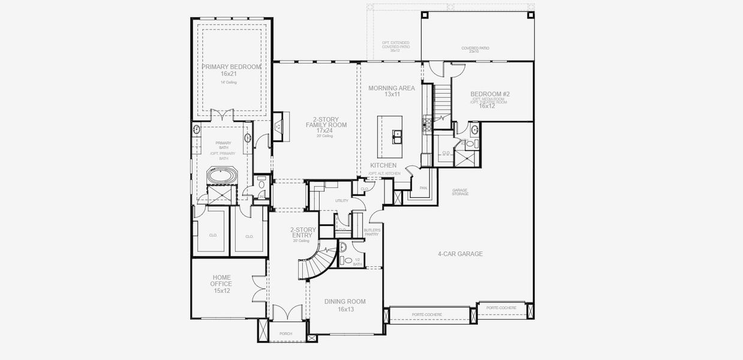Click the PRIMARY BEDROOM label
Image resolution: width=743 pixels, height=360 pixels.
231,67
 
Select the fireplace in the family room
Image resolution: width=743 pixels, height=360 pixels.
278,126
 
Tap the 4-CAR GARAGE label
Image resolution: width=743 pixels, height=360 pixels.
460,254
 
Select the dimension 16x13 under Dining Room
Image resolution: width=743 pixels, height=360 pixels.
344,309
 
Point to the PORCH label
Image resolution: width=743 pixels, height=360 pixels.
285,334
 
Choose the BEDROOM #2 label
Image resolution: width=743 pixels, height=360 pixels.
490,94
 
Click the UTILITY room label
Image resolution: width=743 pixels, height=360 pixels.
342,200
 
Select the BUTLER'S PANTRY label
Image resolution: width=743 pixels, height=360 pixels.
372,232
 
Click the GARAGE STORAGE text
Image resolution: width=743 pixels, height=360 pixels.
460,192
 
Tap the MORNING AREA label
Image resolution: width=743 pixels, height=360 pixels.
392,88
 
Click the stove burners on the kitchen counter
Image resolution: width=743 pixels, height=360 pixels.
428,124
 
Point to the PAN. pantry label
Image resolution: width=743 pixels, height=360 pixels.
423,188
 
